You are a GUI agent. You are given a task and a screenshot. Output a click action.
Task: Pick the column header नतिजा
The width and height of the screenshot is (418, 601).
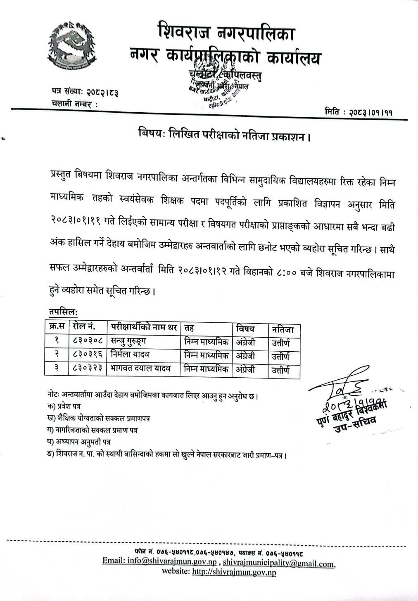point(283,329)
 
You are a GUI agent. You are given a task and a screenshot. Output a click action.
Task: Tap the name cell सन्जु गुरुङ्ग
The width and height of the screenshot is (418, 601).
point(128,341)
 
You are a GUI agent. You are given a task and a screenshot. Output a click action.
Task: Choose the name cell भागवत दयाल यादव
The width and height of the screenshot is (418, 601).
point(140,368)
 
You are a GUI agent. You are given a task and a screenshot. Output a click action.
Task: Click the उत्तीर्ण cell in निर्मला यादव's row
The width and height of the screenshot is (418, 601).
point(281,356)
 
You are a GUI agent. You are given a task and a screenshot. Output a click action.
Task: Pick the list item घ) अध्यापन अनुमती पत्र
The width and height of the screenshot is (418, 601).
point(79,442)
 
